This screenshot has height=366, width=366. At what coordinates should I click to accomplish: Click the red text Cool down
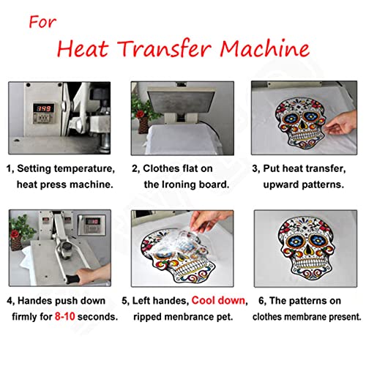click(217, 301)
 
